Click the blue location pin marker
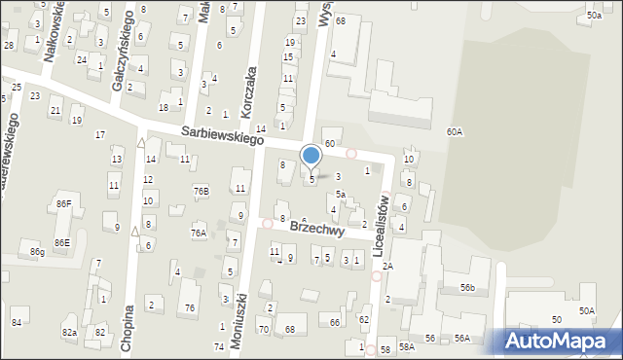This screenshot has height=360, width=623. pos(311,156)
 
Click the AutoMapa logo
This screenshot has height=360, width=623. pos(559,341)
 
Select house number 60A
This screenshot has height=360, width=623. pos(455,131)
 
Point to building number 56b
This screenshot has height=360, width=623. pos(468,288)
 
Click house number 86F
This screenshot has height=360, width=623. pos(63,203)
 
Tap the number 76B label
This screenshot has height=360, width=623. pos(201,192)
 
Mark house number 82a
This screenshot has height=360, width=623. pos(69,333)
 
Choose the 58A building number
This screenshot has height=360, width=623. pos(406,346)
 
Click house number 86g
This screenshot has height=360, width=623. pos(37,252)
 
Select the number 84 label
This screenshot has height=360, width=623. pos(17,322)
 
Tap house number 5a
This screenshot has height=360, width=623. pos(341,194)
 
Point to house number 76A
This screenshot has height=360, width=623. pos(199,234)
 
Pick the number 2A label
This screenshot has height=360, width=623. pos(387,266)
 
